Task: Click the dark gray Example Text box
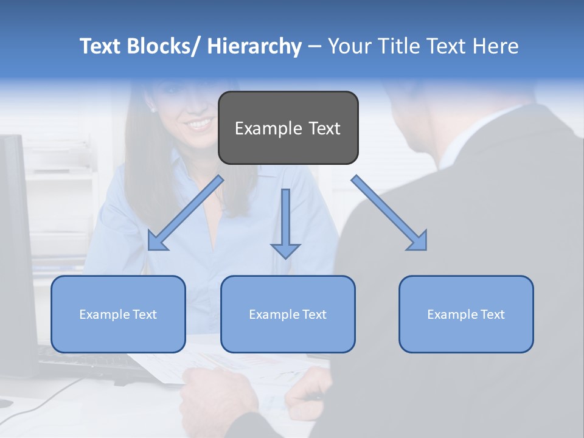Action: (x=288, y=128)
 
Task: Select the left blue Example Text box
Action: (x=118, y=314)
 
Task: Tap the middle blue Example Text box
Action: (x=288, y=314)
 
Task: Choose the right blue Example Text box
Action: (x=466, y=314)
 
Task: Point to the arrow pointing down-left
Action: (x=186, y=213)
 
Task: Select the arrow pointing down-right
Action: (x=389, y=213)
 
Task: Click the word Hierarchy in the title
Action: (x=254, y=46)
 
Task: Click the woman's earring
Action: (x=152, y=110)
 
